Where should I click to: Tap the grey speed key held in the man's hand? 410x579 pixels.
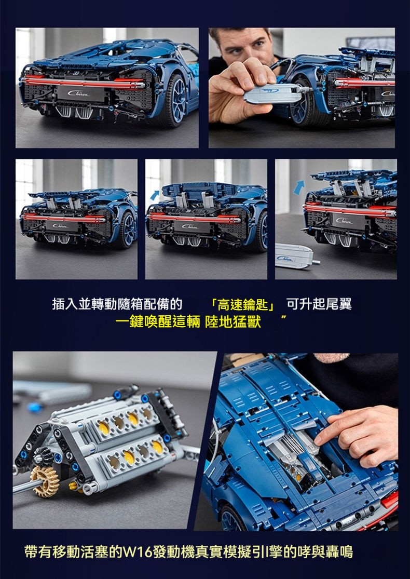coord(273,93)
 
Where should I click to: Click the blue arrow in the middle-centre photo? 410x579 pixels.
coord(155,195)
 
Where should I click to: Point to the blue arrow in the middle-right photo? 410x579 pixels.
coord(299,187)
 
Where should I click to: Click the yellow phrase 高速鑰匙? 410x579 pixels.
coord(242,305)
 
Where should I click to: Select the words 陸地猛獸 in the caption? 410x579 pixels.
coord(233,322)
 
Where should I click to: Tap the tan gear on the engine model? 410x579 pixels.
coord(45,480)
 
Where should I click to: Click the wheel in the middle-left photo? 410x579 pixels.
coord(128,230)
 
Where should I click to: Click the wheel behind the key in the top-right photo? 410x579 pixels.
coord(306,100)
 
